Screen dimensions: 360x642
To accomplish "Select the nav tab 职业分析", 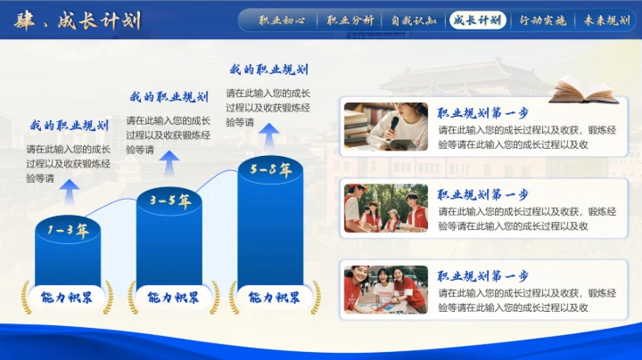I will coord(350,20).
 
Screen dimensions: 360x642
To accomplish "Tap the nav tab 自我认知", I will coord(414,20).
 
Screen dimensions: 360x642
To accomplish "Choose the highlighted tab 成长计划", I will coord(477,20).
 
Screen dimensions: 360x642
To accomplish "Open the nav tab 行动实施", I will coord(542,20).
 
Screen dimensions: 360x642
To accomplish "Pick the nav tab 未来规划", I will coord(606,20).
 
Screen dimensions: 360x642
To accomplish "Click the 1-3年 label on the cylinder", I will coord(69,232).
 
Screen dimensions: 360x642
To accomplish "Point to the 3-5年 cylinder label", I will coord(169,201).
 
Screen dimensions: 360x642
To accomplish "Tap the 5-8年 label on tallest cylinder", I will coord(271,169).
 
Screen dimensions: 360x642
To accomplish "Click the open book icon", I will coord(584,89).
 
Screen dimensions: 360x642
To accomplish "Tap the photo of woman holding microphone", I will coord(386,127).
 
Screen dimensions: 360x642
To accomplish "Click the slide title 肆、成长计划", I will coord(78,20).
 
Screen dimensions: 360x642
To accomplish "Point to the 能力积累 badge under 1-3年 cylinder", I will coord(68,298).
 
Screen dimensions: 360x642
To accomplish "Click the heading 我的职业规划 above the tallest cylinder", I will coord(268,70).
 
